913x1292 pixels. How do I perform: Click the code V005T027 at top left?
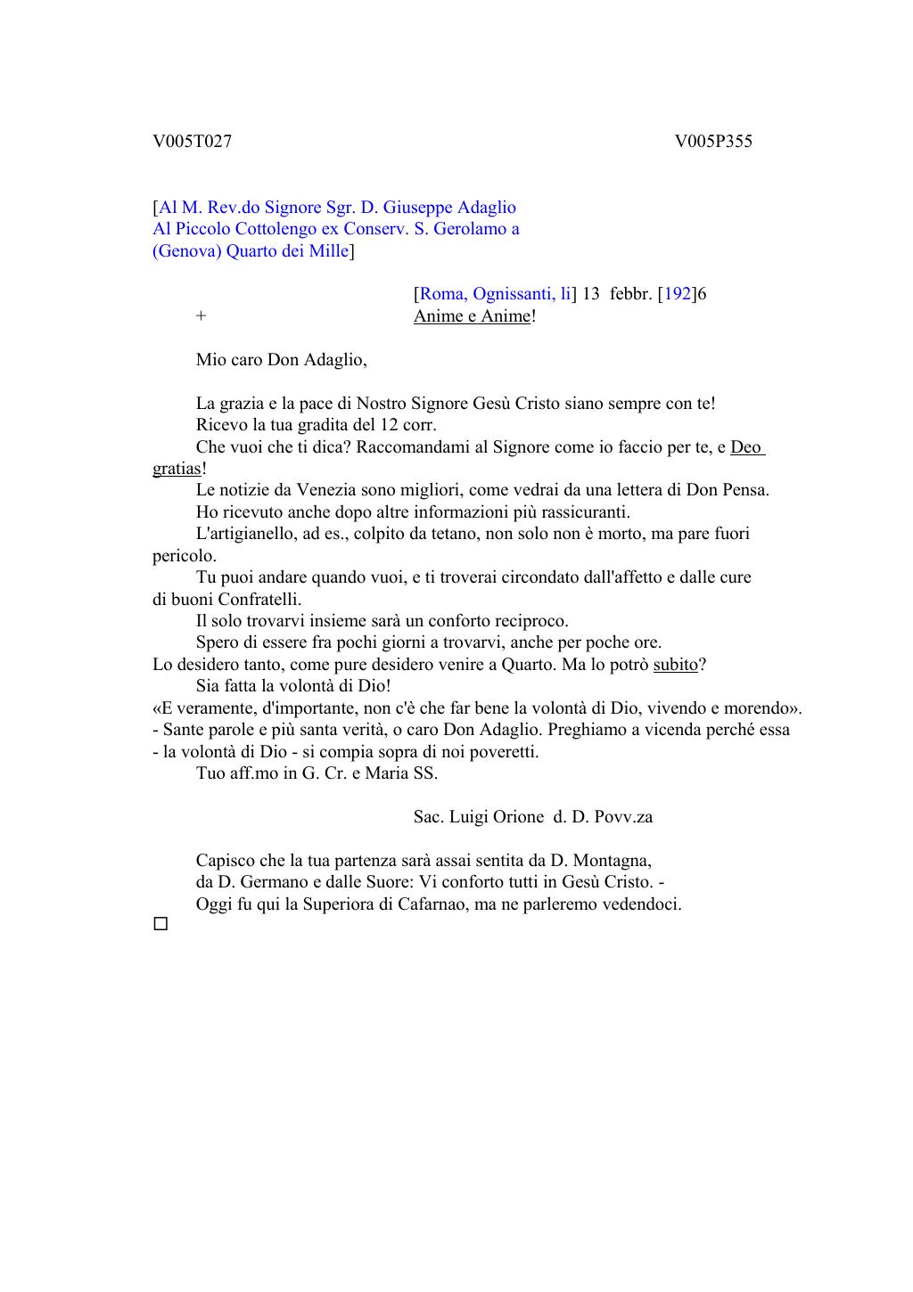192,142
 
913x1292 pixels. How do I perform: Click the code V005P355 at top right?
712,142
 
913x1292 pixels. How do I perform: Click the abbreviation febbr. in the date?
631,294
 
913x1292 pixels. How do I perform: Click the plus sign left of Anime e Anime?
202,316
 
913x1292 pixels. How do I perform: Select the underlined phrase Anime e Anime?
472,316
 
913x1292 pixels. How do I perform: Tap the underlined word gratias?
177,469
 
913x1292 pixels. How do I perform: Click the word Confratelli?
259,600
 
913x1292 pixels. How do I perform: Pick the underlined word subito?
675,665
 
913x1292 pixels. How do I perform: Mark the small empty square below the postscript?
160,925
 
